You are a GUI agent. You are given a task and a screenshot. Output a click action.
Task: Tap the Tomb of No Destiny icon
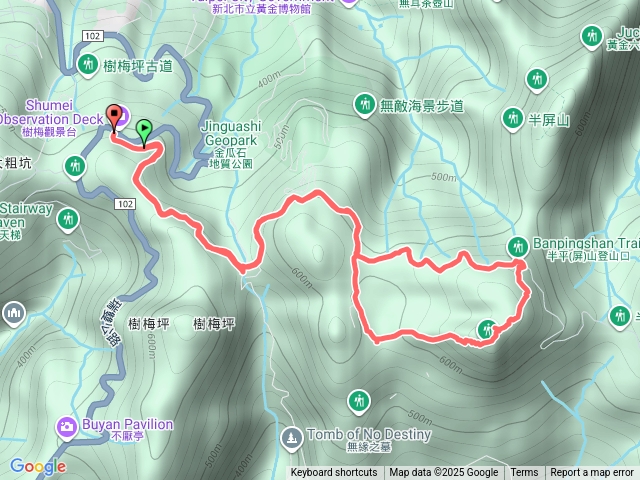[x=291, y=437]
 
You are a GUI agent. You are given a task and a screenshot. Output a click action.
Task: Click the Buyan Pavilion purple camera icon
[x=67, y=427]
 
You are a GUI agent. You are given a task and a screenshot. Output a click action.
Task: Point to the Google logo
[x=38, y=466]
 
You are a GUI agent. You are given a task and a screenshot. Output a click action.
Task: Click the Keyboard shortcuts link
[x=334, y=473]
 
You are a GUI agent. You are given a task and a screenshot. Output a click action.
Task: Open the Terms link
[x=524, y=473]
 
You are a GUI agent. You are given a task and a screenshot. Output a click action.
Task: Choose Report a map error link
[x=592, y=473]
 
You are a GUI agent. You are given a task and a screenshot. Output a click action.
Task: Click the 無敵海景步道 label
[x=422, y=104]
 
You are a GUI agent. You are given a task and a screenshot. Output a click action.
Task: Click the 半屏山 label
[x=548, y=119]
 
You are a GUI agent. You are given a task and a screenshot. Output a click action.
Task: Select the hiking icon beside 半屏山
[x=513, y=118]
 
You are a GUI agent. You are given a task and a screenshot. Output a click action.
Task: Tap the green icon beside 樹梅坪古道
[x=87, y=65]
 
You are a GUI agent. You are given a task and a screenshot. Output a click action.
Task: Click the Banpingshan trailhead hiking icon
[x=518, y=246]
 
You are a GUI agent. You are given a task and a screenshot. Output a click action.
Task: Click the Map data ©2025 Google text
[x=443, y=473]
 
